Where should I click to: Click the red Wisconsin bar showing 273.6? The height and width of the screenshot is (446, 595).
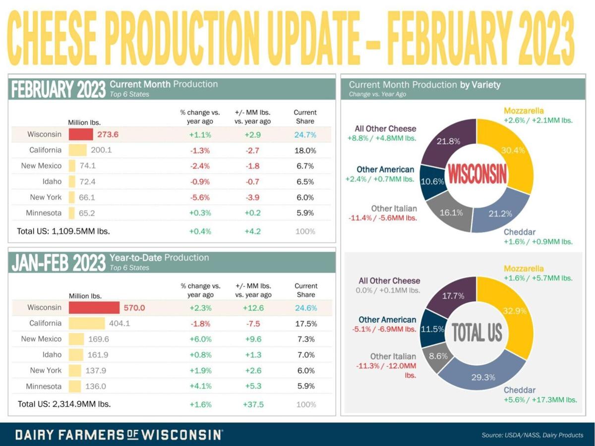[80, 134]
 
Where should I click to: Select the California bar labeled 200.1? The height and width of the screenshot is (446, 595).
[77, 150]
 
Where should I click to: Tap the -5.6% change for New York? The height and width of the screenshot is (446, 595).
[200, 197]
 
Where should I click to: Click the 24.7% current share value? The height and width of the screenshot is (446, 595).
[305, 134]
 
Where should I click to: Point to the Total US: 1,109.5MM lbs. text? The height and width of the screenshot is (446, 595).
[64, 231]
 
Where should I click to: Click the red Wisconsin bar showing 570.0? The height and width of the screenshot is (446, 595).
[94, 307]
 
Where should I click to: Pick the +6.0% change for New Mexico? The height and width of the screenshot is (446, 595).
[200, 339]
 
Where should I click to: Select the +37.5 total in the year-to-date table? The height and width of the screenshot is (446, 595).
[253, 404]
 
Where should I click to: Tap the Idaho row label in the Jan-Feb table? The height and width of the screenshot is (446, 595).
[52, 355]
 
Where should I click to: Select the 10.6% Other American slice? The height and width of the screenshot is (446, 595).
[431, 181]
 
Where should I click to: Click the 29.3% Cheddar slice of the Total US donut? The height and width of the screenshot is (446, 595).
[483, 377]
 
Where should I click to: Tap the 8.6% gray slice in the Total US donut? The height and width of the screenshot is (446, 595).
[434, 355]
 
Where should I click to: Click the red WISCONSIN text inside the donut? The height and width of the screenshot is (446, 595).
[477, 174]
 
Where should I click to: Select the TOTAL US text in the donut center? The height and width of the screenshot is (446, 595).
[477, 333]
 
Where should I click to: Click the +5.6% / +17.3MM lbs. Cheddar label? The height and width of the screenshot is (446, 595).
[540, 399]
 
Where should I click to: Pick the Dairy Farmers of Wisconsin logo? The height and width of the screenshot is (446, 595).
[119, 435]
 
